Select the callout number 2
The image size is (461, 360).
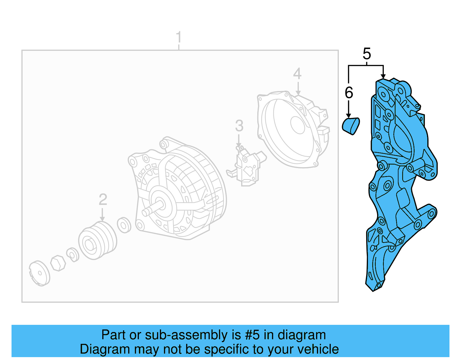(103, 199)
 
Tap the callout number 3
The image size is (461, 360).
(239, 126)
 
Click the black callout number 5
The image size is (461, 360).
(366, 54)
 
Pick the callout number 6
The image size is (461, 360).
(349, 93)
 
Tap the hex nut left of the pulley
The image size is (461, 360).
(58, 263)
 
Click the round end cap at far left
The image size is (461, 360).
(39, 273)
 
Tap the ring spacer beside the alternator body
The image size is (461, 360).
(124, 225)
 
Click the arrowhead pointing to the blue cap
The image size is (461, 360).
(349, 116)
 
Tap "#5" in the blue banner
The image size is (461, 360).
(252, 335)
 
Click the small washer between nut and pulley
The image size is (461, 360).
(73, 255)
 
